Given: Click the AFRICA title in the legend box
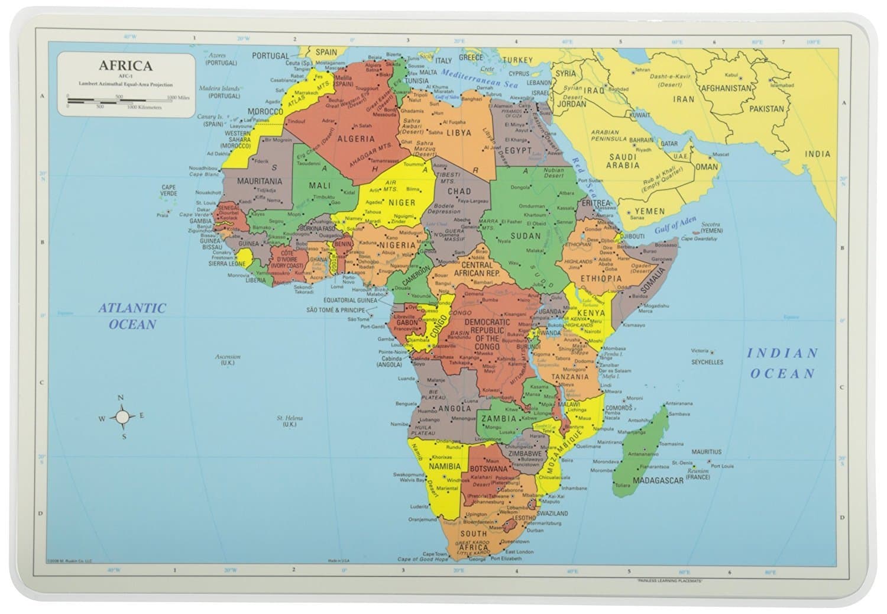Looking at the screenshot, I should click(x=125, y=66).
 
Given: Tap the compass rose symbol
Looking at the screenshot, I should click(x=122, y=418).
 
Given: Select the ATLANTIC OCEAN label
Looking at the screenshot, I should click(x=132, y=316).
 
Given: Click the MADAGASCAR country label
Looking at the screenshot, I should click(x=658, y=480).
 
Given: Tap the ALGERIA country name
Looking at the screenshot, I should click(x=356, y=139).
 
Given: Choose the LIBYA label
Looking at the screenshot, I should click(x=459, y=133).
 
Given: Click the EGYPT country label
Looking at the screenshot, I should click(x=517, y=150).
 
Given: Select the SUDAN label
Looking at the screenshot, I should click(x=525, y=235).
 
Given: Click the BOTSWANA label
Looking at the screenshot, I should click(x=488, y=468).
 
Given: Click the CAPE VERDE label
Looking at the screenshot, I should click(x=169, y=190).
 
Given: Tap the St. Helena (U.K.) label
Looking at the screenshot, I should click(x=290, y=421).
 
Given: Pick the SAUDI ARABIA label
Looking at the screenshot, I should click(x=624, y=161).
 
